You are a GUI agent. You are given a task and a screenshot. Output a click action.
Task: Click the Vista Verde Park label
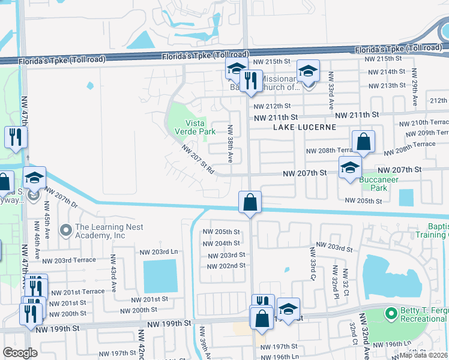point(194,127)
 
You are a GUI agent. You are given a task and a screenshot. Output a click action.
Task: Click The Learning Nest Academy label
point(99,231)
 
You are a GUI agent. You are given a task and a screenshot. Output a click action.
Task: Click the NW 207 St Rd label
point(197,160)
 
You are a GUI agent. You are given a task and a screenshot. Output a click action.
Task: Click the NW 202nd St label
point(225,266)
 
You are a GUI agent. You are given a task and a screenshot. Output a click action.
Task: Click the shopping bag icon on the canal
point(250,202)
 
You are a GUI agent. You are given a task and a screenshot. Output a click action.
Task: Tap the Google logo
point(19,353)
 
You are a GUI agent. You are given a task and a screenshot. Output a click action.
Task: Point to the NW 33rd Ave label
point(330,91)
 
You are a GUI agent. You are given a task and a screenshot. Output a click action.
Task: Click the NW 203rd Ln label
point(158,252)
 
